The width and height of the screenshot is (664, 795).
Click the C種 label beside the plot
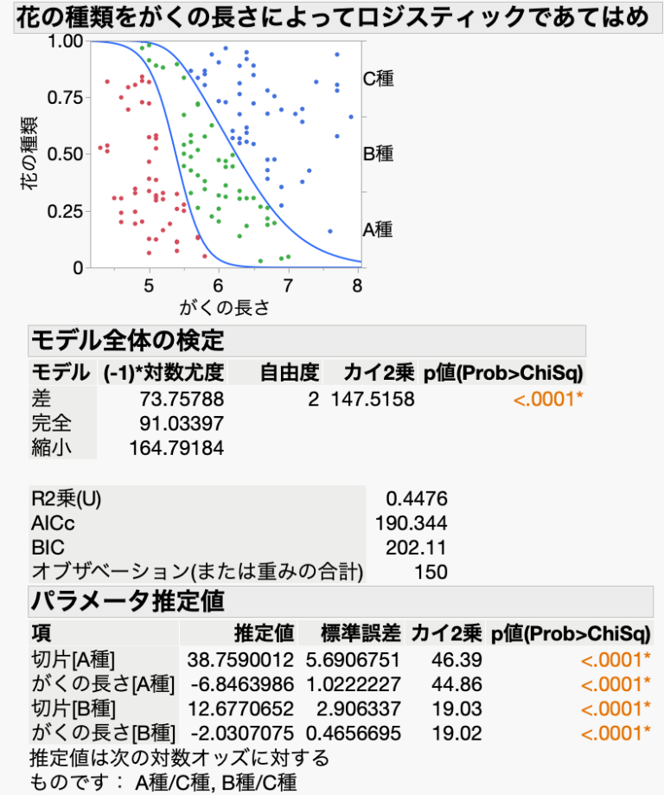click(378, 79)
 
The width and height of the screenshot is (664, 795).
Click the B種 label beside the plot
click(378, 154)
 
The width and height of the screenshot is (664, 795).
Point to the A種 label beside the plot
click(378, 229)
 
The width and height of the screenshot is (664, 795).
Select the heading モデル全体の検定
click(127, 338)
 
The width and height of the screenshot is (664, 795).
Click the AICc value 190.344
click(412, 523)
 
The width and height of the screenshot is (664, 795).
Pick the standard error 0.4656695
click(349, 734)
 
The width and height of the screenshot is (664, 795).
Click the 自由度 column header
click(290, 373)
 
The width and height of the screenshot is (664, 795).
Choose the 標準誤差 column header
click(350, 632)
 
